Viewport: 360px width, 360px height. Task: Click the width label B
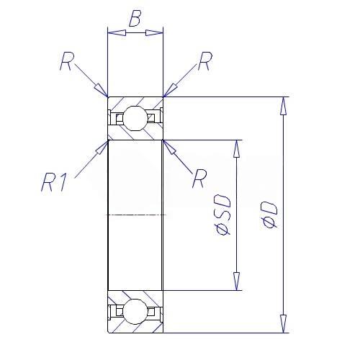coord(135,18)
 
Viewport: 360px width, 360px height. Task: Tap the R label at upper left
coord(67,61)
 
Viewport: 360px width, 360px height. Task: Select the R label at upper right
coord(205,61)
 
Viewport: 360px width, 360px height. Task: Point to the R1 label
coord(54,182)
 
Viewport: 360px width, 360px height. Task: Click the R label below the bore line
coord(199,179)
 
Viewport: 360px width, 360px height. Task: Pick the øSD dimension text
coord(222,215)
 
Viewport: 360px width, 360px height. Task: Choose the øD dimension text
coord(269,215)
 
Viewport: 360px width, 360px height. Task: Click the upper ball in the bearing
coord(135,118)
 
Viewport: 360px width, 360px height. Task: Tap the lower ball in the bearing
coord(135,312)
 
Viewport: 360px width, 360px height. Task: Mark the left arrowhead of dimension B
coord(117,32)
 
